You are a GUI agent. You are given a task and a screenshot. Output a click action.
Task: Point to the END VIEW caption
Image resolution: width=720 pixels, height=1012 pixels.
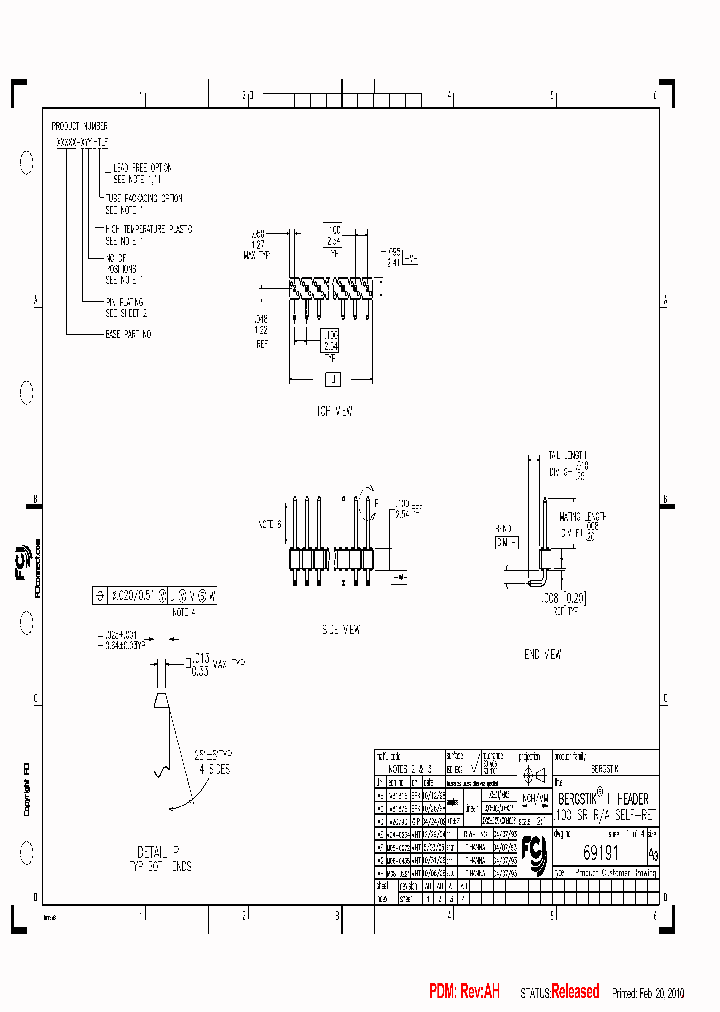(544, 654)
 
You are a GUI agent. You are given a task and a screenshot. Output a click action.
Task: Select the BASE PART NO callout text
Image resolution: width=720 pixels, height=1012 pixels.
(128, 332)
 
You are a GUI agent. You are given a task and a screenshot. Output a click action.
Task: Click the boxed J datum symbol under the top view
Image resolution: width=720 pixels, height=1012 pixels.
(333, 379)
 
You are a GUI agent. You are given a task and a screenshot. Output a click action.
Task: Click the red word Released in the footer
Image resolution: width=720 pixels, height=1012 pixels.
(575, 991)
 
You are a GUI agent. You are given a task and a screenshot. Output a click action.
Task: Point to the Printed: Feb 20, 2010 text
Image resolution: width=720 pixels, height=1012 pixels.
(648, 993)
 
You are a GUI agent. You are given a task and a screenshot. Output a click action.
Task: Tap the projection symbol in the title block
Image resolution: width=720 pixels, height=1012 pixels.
(534, 776)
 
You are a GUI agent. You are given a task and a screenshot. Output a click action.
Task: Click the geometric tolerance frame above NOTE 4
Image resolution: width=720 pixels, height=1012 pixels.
(154, 594)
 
